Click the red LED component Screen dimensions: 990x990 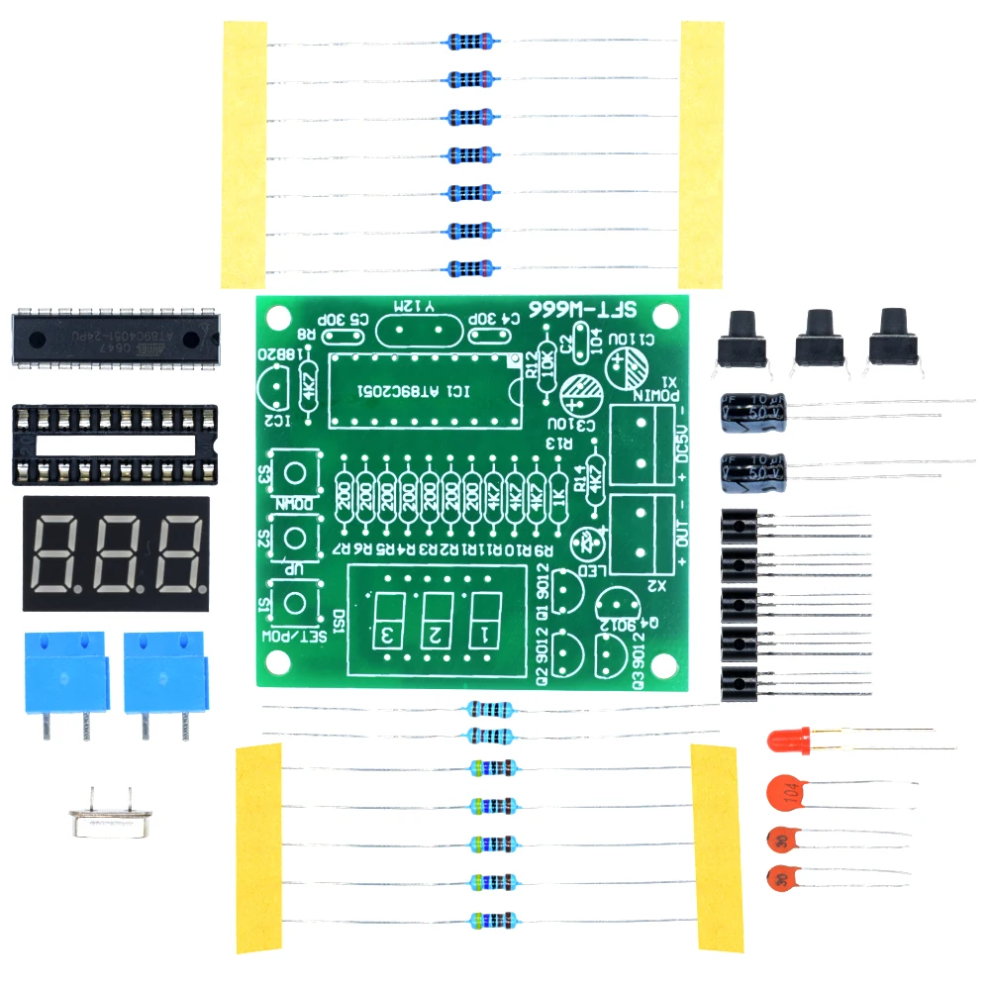pyautogui.click(x=790, y=740)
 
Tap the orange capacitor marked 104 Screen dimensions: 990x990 pyautogui.click(x=785, y=794)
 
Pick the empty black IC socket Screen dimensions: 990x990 pyautogui.click(x=114, y=444)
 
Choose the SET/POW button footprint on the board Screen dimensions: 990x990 pyautogui.click(x=294, y=602)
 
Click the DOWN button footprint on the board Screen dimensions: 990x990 pyautogui.click(x=294, y=469)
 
